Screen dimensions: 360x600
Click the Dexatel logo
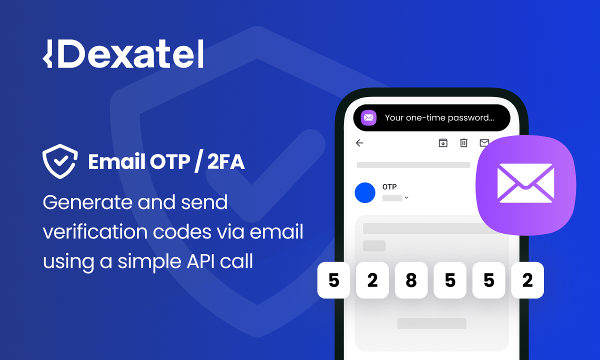tap(123, 54)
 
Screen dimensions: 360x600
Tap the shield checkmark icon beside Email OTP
tap(59, 161)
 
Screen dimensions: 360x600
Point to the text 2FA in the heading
tap(225, 162)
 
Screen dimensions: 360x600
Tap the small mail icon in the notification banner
tap(368, 118)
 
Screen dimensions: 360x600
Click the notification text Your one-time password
tap(439, 118)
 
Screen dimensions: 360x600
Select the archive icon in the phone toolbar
tap(443, 143)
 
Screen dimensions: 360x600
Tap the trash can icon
tap(463, 143)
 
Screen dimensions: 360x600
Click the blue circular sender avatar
tap(365, 192)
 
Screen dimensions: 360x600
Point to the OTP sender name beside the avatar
tap(389, 187)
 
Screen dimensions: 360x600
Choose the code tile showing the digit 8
tap(411, 280)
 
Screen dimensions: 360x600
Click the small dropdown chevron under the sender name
tap(406, 198)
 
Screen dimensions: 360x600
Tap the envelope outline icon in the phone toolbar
tap(484, 143)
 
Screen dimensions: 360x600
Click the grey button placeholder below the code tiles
tap(431, 323)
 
